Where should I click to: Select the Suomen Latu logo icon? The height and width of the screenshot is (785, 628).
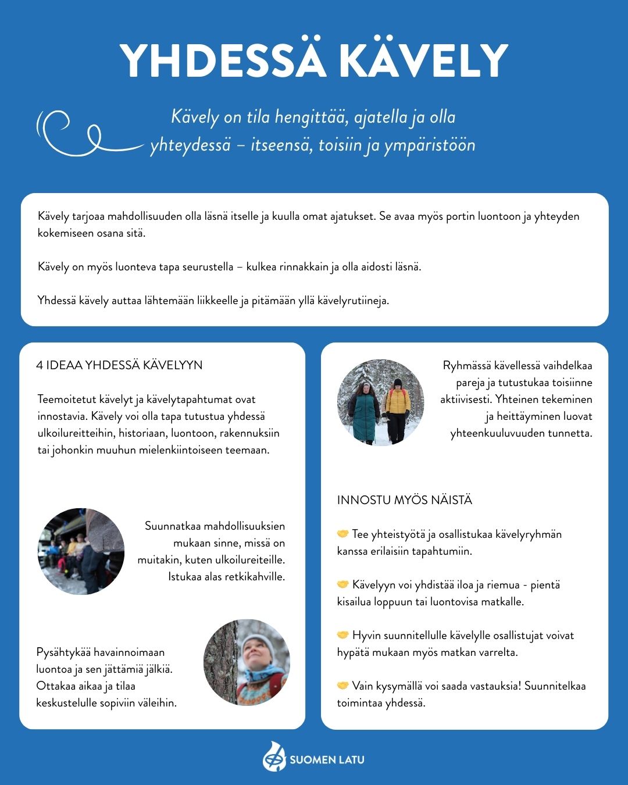coord(274,758)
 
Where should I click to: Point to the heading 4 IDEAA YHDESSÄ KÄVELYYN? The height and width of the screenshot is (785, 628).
coord(119,365)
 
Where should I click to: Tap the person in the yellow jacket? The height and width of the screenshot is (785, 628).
coord(398,407)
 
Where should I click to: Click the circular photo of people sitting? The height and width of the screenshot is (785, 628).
coord(81,551)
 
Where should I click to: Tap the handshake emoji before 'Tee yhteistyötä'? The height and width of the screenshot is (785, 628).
coord(342,534)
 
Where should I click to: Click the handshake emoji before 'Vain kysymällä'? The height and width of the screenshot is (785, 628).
coord(342,686)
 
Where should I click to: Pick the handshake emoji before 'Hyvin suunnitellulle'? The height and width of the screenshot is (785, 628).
coord(342,635)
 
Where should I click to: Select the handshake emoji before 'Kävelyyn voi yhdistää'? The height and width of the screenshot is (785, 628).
coord(342,584)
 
